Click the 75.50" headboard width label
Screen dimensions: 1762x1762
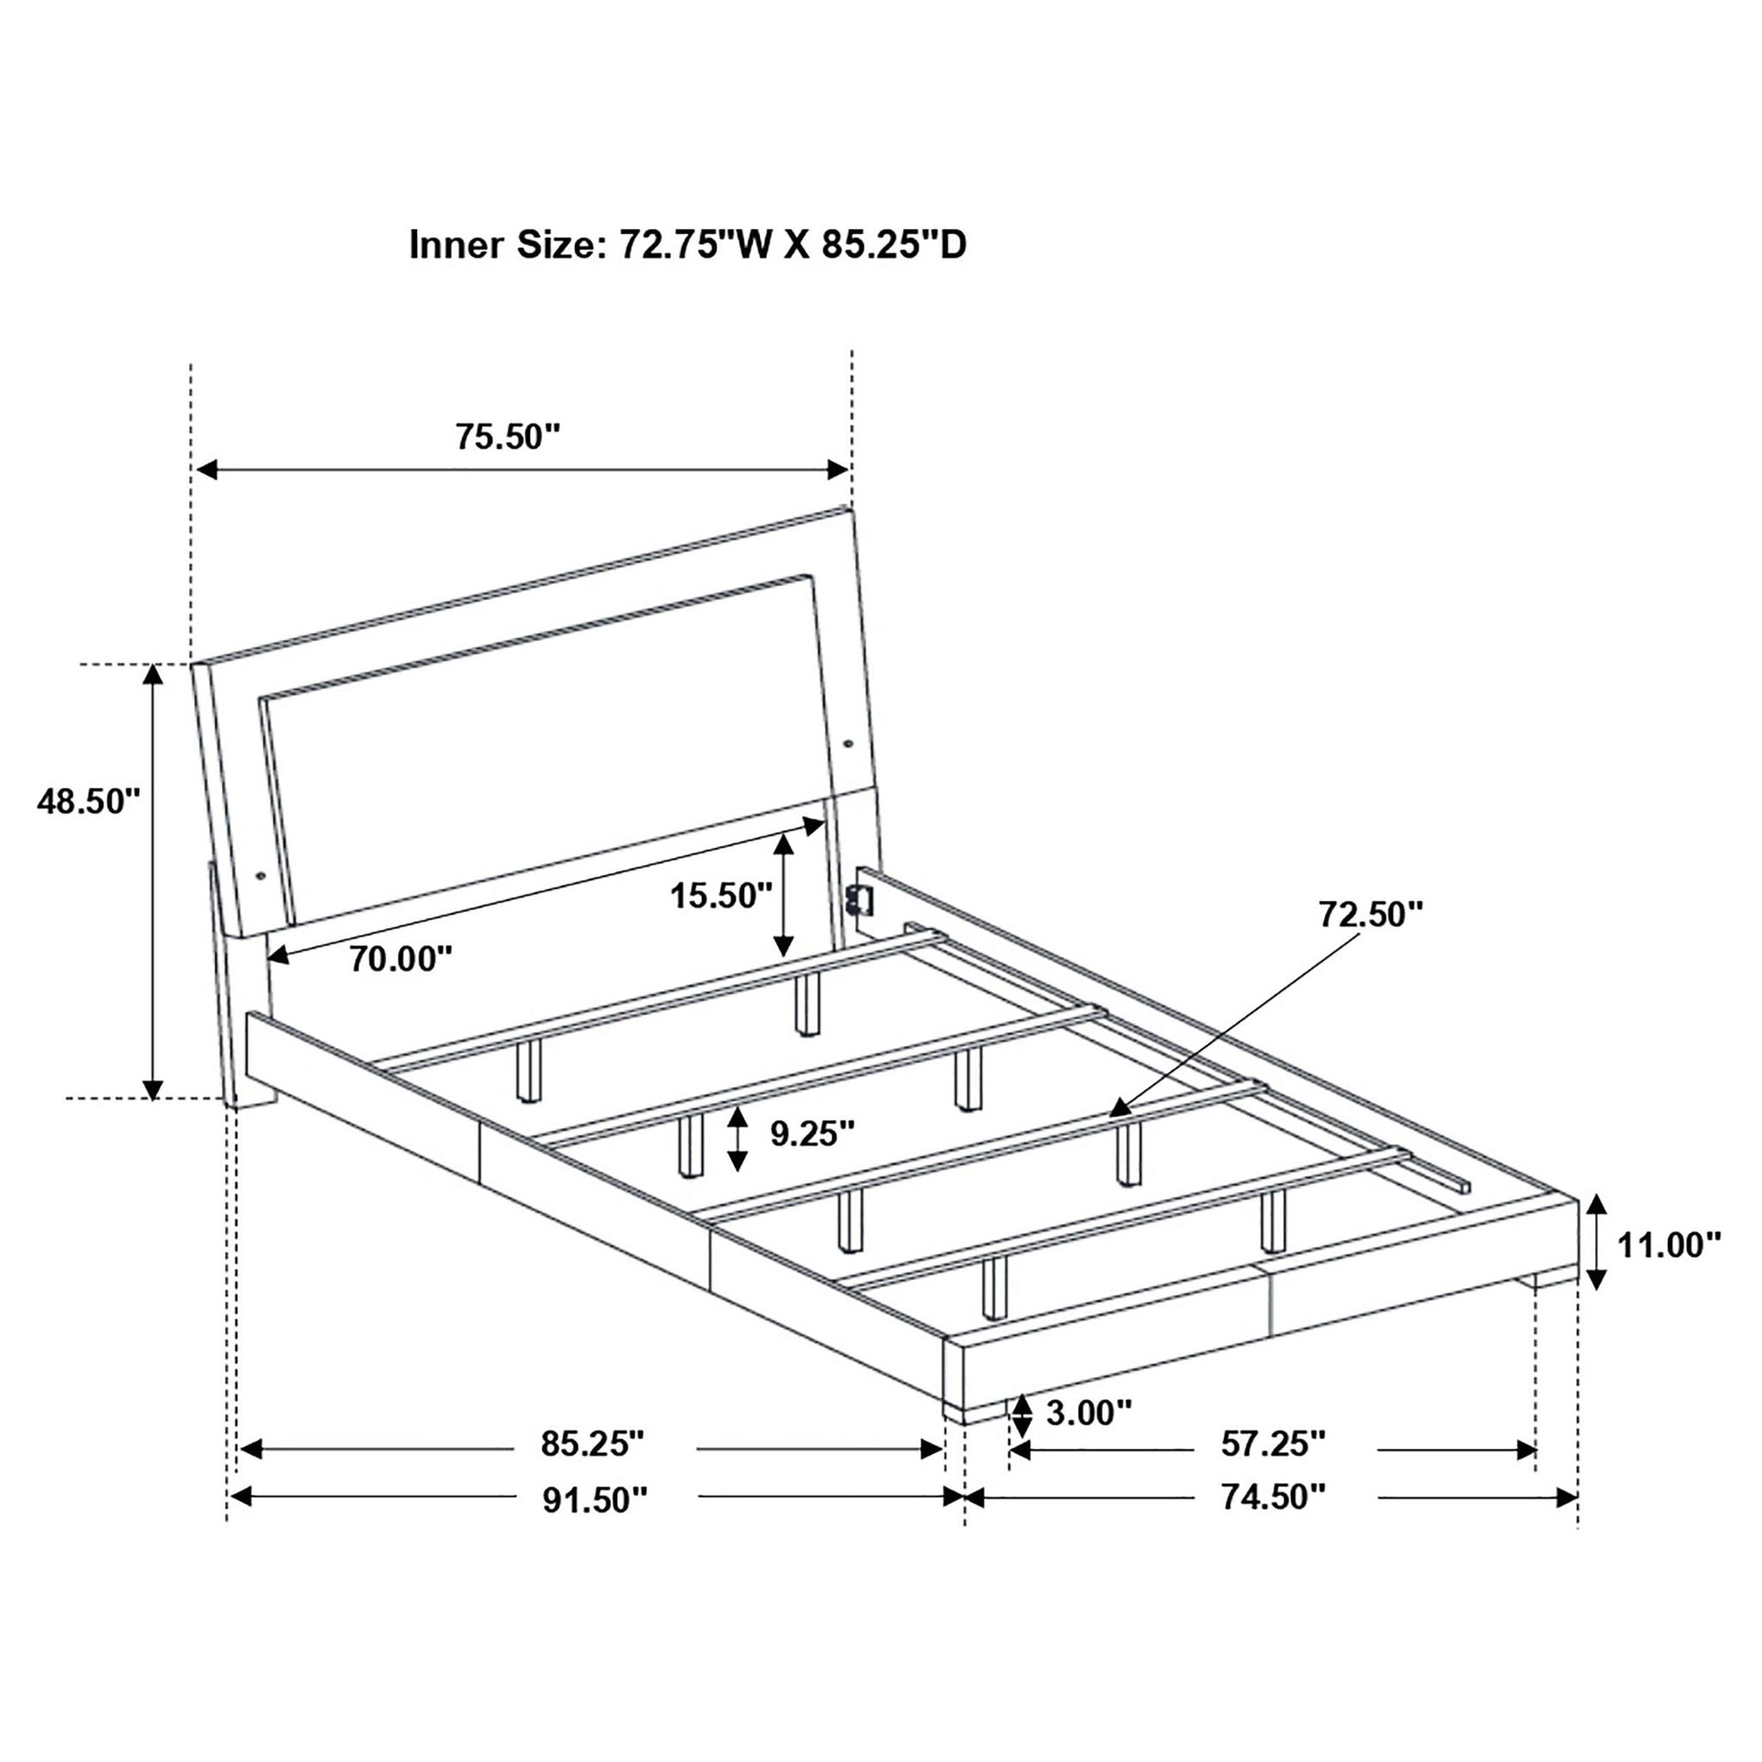507,437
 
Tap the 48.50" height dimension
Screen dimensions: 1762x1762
89,802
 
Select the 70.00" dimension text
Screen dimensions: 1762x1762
401,958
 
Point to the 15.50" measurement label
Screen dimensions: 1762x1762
721,896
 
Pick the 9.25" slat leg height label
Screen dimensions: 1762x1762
811,1134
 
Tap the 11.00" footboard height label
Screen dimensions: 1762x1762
1668,1244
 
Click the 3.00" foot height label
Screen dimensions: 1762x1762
1088,1413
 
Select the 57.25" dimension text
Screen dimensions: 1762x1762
1272,1443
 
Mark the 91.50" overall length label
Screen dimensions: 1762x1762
595,1499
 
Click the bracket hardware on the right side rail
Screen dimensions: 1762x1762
862,902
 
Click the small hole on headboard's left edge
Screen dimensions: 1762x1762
262,876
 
